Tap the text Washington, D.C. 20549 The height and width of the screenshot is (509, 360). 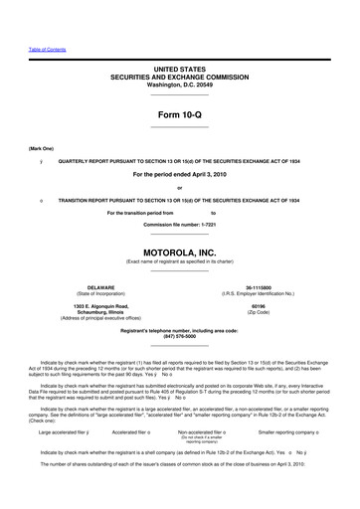coord(179,85)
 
